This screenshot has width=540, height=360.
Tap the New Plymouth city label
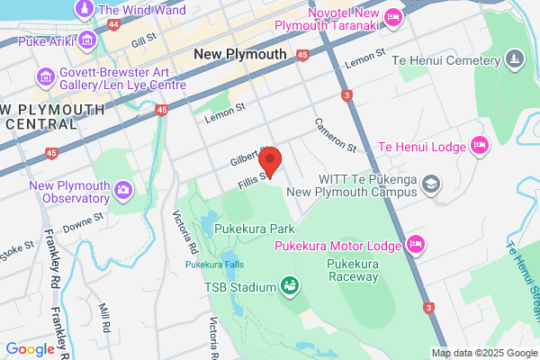240,54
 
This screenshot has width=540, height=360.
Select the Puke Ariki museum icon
87,40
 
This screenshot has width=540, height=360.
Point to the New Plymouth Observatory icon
122,188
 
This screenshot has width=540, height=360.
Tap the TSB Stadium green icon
290,287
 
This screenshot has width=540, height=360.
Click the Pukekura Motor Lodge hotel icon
415,243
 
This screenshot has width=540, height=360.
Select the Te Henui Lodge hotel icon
480,146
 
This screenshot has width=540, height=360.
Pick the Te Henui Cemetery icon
514,60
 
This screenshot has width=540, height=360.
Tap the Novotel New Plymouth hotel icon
392,17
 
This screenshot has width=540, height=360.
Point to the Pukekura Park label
256,229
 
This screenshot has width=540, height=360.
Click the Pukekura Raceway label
352,271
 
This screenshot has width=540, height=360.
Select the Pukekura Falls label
214,265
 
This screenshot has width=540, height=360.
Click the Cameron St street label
336,135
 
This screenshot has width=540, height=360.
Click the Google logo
30,349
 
